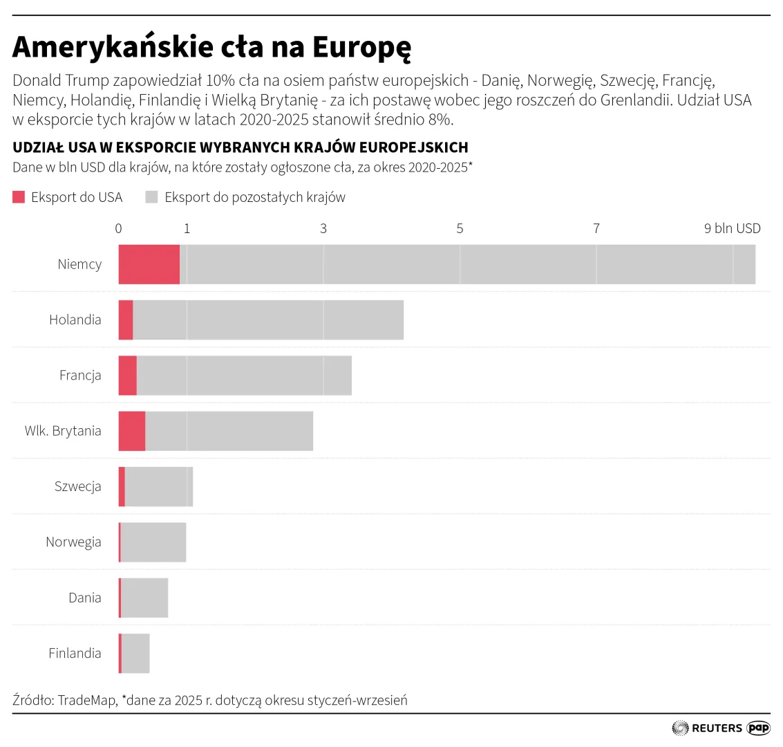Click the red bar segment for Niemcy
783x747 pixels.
tap(149, 264)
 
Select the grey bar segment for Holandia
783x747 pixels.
tap(268, 320)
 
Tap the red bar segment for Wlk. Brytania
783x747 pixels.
tap(131, 431)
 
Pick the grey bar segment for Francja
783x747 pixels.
tap(244, 376)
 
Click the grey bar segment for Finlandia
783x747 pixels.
tap(135, 653)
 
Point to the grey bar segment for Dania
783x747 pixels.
tap(144, 598)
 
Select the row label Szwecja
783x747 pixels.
tap(78, 486)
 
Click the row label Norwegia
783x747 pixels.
tap(73, 542)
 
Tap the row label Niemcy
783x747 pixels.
tap(79, 264)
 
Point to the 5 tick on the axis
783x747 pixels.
tap(460, 228)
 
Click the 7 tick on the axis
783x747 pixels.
tap(596, 228)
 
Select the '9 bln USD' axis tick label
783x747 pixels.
tap(732, 228)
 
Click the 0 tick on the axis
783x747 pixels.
tap(118, 228)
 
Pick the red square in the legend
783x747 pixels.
tap(19, 197)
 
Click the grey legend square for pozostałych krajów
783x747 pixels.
tap(151, 197)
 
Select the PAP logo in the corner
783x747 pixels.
tap(758, 728)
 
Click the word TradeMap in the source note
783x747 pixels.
tap(87, 700)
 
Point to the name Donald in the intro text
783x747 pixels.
tap(37, 80)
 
